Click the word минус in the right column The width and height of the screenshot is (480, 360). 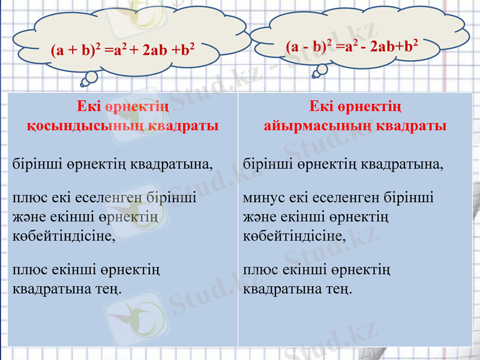click(262, 198)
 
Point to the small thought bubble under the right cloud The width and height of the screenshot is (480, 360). click(321, 70)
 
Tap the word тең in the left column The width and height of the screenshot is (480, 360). click(109, 289)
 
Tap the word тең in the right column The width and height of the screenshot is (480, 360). click(340, 289)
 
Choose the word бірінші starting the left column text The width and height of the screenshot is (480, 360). click(33, 163)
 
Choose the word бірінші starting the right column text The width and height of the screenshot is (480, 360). click(265, 163)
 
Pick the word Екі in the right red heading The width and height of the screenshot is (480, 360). click(322, 108)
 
